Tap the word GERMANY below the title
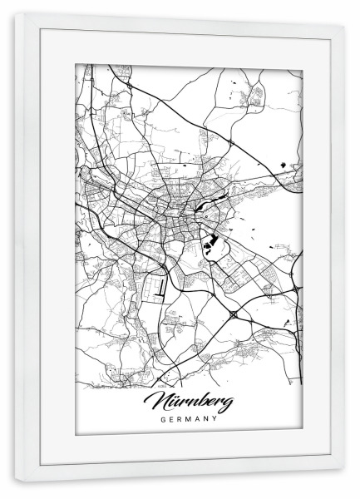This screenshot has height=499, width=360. (190, 419)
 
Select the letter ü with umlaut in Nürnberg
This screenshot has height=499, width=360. (175, 403)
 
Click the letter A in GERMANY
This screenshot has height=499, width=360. (198, 419)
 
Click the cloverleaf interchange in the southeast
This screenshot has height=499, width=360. (235, 315)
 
